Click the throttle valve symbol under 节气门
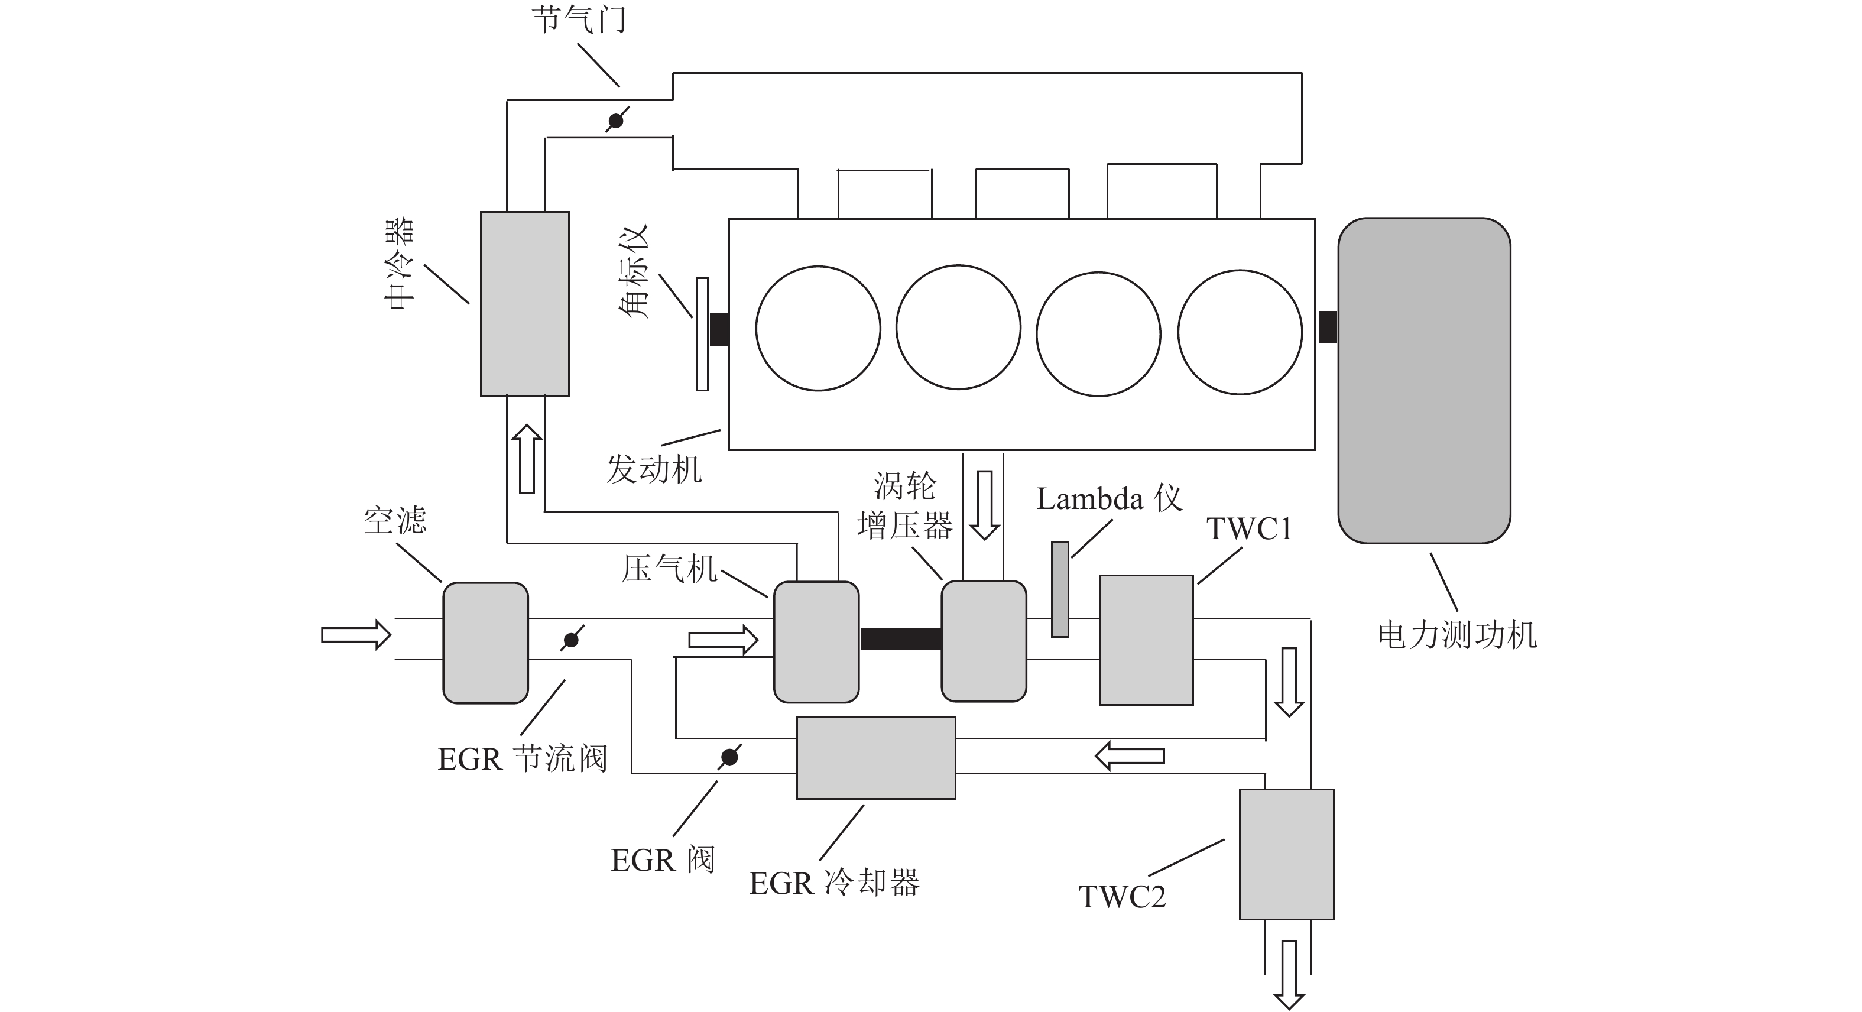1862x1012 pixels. tap(616, 120)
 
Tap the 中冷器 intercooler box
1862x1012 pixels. tap(525, 304)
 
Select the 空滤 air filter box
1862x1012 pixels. tap(486, 643)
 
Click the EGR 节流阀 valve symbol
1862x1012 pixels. tap(571, 639)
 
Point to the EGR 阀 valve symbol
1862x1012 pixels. tap(730, 757)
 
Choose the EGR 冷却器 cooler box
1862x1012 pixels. tap(876, 758)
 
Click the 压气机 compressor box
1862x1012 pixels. tap(817, 642)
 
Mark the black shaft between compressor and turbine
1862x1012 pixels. tap(901, 639)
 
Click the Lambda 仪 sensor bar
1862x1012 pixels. tap(1060, 590)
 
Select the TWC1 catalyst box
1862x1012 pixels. tap(1146, 640)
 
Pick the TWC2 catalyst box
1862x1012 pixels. tap(1287, 854)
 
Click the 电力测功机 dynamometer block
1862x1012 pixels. tap(1424, 380)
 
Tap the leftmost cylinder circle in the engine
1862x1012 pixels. tap(818, 328)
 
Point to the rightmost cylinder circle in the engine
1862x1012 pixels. tap(1240, 333)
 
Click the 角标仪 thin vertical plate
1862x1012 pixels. tap(702, 334)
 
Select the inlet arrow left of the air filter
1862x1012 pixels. tap(356, 635)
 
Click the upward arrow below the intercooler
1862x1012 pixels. tap(527, 459)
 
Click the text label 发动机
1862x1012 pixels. tap(654, 470)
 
